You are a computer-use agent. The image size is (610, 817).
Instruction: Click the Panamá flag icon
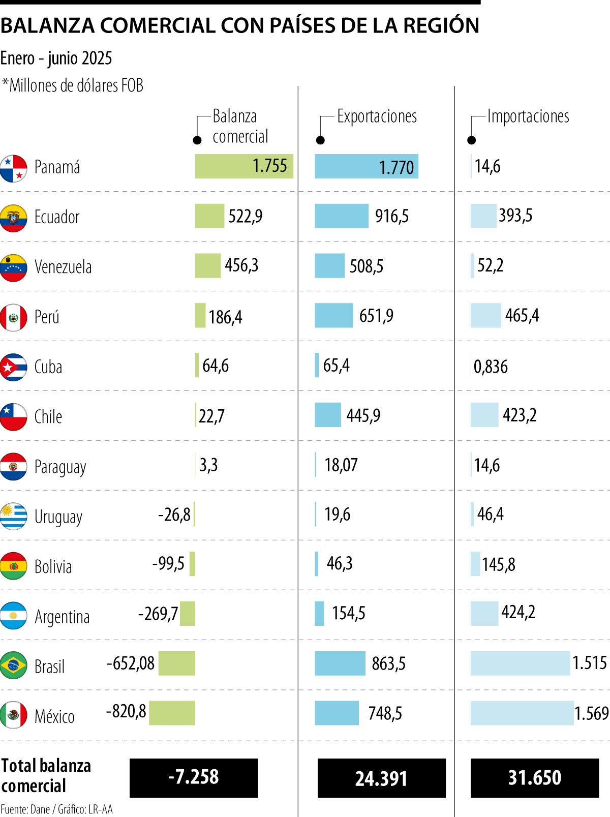tap(13, 169)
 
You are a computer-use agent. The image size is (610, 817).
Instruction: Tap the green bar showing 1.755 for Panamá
tap(243, 166)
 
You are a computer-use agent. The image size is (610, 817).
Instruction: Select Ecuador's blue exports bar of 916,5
tap(341, 216)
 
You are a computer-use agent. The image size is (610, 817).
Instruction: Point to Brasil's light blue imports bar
tap(520, 663)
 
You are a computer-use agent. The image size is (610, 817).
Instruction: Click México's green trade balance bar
tap(172, 713)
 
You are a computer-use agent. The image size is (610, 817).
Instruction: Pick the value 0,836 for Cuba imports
tap(491, 367)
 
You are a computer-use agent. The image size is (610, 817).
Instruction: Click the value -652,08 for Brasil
tap(131, 663)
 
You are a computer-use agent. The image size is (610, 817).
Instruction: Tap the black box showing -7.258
tap(194, 778)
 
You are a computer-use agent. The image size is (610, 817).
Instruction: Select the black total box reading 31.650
tap(534, 778)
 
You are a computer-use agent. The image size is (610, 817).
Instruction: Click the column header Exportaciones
tap(377, 116)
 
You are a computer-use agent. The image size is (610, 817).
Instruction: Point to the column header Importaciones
tap(528, 116)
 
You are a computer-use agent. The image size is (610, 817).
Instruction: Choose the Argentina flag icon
tap(13, 615)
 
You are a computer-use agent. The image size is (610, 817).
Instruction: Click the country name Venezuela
tap(63, 267)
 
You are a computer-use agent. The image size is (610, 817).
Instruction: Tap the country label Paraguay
tap(60, 467)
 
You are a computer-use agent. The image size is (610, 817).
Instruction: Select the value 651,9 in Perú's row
tap(376, 316)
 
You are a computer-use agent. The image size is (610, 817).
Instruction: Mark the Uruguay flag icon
tap(13, 516)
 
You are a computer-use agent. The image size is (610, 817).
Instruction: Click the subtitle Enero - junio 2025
tap(56, 58)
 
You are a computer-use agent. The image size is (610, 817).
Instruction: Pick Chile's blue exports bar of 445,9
tap(328, 415)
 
